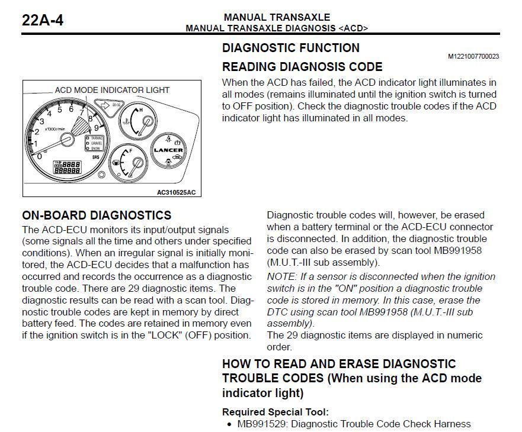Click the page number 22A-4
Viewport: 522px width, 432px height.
(x=43, y=20)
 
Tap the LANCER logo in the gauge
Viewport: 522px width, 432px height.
(x=167, y=150)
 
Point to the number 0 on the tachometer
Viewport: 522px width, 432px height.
(x=40, y=156)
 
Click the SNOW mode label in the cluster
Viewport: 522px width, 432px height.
(x=96, y=148)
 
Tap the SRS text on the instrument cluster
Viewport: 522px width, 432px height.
(x=95, y=158)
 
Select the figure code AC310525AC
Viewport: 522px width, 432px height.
(x=176, y=192)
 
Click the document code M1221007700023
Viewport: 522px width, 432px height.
(x=473, y=57)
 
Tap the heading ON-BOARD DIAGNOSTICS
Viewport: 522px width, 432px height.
(x=97, y=215)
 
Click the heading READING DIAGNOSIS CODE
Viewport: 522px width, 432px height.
(x=302, y=67)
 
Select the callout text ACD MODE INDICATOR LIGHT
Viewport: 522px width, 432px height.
(x=112, y=90)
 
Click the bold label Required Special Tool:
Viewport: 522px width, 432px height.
(x=275, y=412)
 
